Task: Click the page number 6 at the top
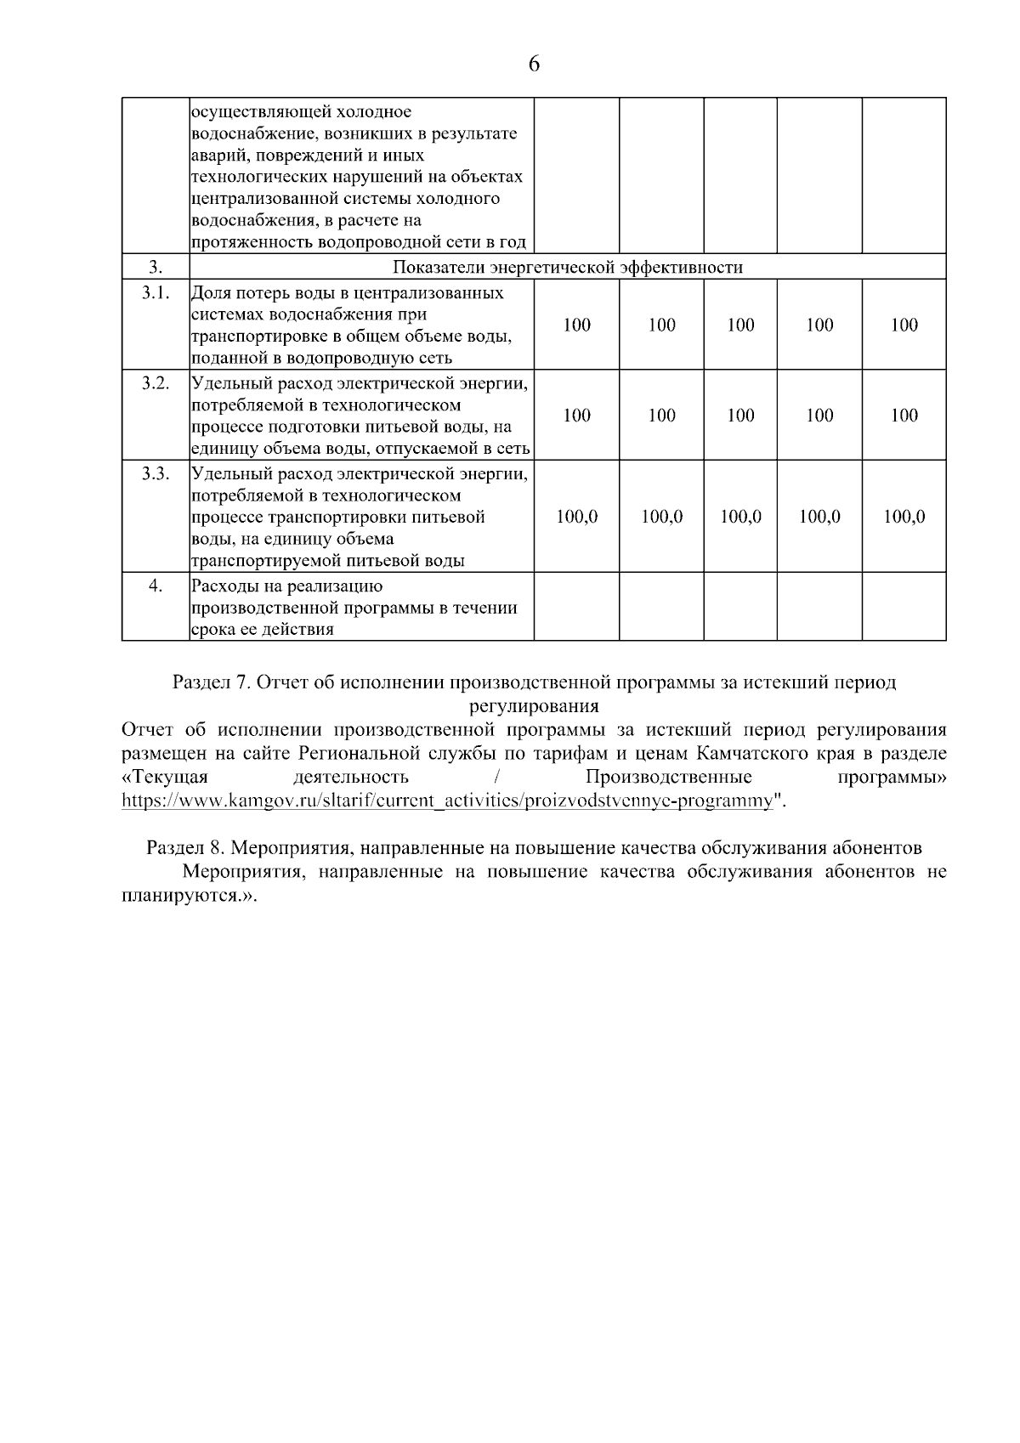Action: (x=534, y=64)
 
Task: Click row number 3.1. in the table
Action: (x=156, y=293)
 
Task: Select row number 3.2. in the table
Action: (x=156, y=383)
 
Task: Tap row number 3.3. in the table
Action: (x=156, y=473)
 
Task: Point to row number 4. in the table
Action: (x=156, y=586)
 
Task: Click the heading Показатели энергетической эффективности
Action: (x=567, y=268)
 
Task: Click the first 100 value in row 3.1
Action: (x=576, y=325)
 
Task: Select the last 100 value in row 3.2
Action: (x=904, y=415)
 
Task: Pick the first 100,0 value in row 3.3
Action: (x=576, y=517)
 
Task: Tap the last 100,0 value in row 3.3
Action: (x=904, y=517)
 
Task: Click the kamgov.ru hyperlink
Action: (x=448, y=801)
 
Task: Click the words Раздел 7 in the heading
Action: (x=209, y=682)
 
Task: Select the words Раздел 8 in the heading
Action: (x=184, y=848)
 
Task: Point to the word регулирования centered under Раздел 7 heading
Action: (x=534, y=705)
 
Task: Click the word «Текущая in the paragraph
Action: (x=165, y=778)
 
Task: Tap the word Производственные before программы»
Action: (x=668, y=778)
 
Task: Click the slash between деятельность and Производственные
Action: (x=496, y=778)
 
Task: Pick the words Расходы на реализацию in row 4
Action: (x=287, y=586)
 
